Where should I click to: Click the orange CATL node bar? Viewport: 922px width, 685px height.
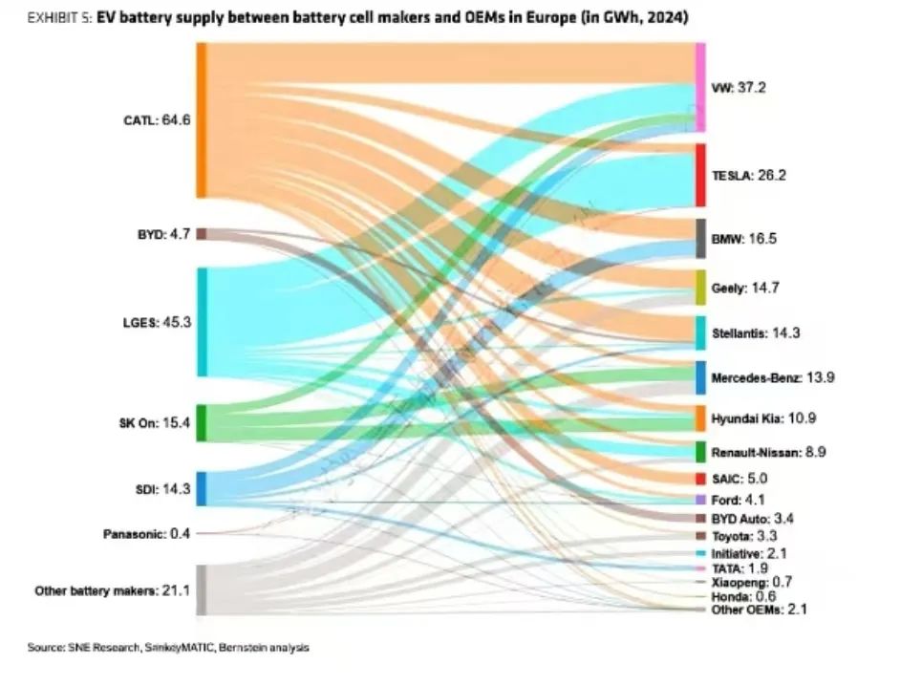point(202,120)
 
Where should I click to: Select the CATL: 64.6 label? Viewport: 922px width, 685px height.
point(159,120)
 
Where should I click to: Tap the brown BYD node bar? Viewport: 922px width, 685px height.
point(202,233)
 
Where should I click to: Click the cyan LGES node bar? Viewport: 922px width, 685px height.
point(202,322)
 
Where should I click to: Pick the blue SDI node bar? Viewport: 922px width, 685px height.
point(202,488)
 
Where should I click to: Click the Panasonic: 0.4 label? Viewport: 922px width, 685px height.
point(146,533)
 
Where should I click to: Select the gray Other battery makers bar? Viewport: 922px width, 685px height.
point(202,589)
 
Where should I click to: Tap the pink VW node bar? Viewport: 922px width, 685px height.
point(700,87)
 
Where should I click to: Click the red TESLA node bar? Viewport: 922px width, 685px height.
point(700,175)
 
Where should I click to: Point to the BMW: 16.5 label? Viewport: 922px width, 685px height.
point(743,239)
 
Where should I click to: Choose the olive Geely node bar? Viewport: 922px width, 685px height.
point(700,287)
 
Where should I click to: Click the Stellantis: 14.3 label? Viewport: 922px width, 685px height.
point(755,333)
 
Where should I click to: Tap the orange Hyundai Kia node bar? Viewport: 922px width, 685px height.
point(700,418)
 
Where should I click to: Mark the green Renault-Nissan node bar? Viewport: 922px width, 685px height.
point(700,451)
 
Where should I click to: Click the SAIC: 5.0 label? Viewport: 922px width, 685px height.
point(740,479)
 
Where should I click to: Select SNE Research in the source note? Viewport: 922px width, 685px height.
point(104,648)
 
